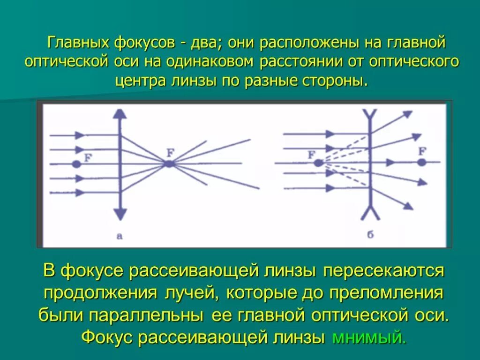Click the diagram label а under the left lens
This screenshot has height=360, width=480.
[120, 236]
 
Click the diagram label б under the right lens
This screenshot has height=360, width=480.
[370, 235]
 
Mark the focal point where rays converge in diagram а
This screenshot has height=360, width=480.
[169, 164]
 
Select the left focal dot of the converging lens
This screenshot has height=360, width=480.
[76, 164]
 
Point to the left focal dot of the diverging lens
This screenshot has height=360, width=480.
[318, 163]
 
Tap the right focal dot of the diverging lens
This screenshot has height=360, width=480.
[422, 163]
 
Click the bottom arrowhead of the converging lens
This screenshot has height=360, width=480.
[120, 215]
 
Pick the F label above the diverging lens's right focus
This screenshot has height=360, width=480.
[422, 151]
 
